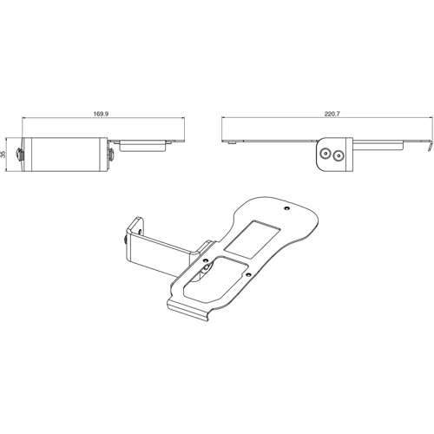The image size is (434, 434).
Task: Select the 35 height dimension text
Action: (x=5, y=154)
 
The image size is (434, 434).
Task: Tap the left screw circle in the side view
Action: (x=325, y=155)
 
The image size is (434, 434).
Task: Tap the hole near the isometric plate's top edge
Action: (x=288, y=208)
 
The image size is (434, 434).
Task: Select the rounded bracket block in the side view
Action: (x=332, y=155)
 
